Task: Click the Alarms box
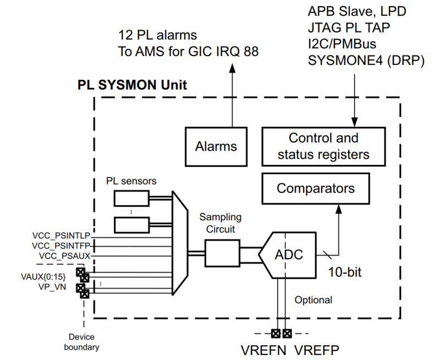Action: click(216, 147)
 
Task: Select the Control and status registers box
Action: click(323, 146)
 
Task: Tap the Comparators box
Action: click(316, 189)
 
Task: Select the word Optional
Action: click(313, 300)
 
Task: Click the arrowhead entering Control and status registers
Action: click(353, 123)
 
